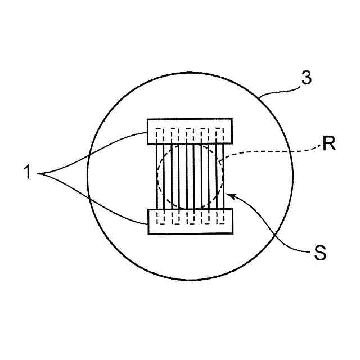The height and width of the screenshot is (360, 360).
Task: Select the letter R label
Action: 330,145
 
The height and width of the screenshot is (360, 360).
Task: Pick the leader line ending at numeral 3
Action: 281,90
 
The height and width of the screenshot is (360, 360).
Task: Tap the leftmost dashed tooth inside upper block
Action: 159,135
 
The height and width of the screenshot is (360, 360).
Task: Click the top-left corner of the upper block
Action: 147,119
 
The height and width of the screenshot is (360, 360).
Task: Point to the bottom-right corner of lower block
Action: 232,233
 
